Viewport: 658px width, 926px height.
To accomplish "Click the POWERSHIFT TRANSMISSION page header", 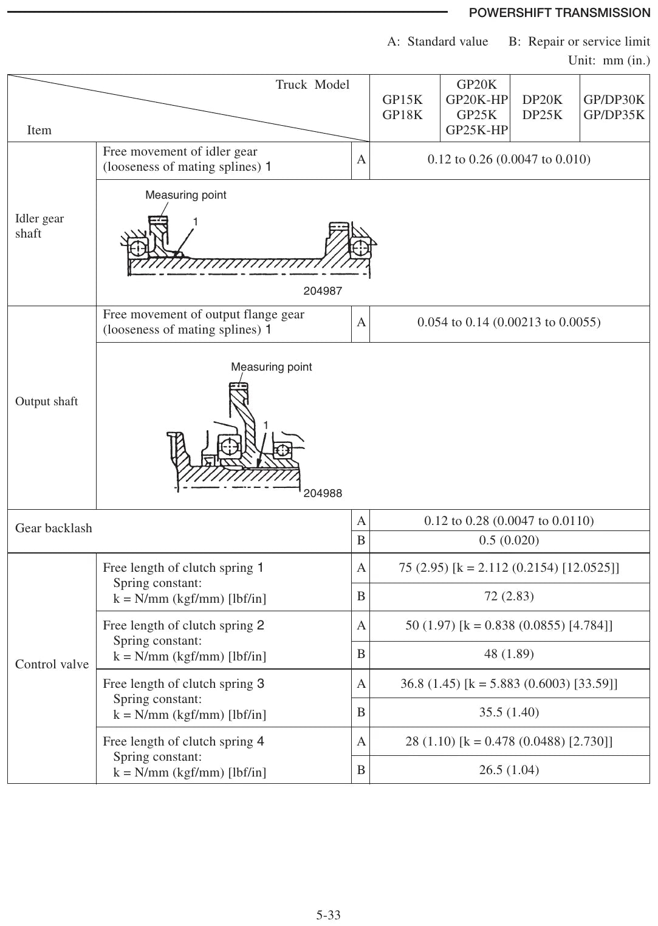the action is [x=559, y=13].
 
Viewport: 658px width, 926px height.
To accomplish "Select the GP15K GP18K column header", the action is [x=402, y=107].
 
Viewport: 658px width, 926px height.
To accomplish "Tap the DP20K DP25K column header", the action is [x=542, y=107].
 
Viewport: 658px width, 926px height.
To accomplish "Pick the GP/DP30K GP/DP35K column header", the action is [x=614, y=107].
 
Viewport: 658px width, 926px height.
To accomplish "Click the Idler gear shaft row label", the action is [x=39, y=225].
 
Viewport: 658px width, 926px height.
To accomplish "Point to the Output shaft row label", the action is [x=46, y=402].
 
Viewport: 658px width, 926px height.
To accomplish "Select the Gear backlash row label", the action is [x=53, y=528].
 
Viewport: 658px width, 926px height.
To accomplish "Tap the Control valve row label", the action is [x=52, y=664].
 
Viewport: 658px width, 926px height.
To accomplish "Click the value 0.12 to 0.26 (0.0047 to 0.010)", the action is [x=509, y=159].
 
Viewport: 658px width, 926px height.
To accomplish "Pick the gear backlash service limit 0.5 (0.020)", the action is [x=509, y=540].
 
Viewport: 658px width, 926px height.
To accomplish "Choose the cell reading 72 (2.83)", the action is [x=509, y=596].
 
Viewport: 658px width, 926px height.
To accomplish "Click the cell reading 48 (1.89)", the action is [x=509, y=654].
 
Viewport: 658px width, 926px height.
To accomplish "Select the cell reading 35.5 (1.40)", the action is [x=509, y=712].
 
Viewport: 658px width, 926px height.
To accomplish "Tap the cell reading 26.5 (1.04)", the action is [x=509, y=770].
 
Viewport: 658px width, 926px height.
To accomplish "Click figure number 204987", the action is [x=323, y=291].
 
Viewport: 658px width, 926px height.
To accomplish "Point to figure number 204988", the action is [x=323, y=493].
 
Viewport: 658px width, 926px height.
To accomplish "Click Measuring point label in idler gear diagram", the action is [x=185, y=195].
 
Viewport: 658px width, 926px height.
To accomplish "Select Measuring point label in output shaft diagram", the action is [x=271, y=367].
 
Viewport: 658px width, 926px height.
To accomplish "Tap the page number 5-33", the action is [x=328, y=915].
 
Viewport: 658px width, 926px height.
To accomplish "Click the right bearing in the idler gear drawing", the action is [x=360, y=248].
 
